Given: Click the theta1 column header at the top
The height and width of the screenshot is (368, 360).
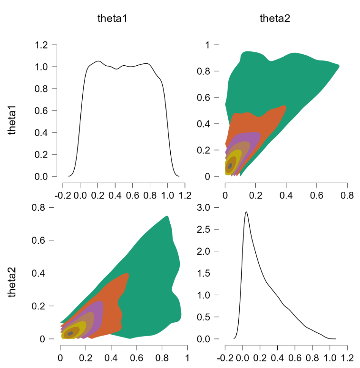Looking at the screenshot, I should (x=112, y=19).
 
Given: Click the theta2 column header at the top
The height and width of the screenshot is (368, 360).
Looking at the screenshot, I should (x=275, y=19).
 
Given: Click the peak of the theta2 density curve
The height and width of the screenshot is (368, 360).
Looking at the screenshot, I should (x=246, y=212).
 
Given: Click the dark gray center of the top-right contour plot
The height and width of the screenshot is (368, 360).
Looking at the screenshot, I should (x=230, y=166).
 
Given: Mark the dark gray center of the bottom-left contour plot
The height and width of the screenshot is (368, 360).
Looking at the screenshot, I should (x=70, y=333).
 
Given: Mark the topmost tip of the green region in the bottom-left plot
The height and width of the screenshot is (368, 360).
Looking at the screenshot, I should (x=167, y=216).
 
